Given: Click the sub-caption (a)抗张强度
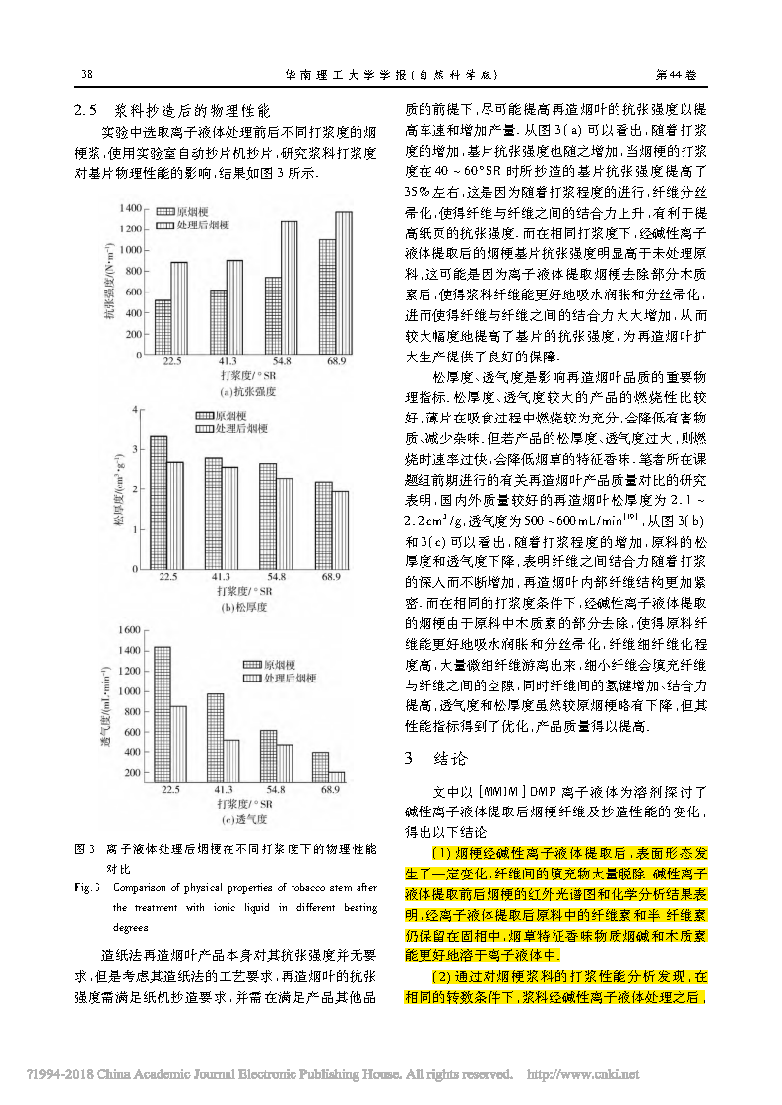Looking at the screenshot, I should point(248,392).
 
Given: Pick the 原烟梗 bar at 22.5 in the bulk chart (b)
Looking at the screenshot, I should point(159,501).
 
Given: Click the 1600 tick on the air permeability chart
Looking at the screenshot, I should point(128,627).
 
